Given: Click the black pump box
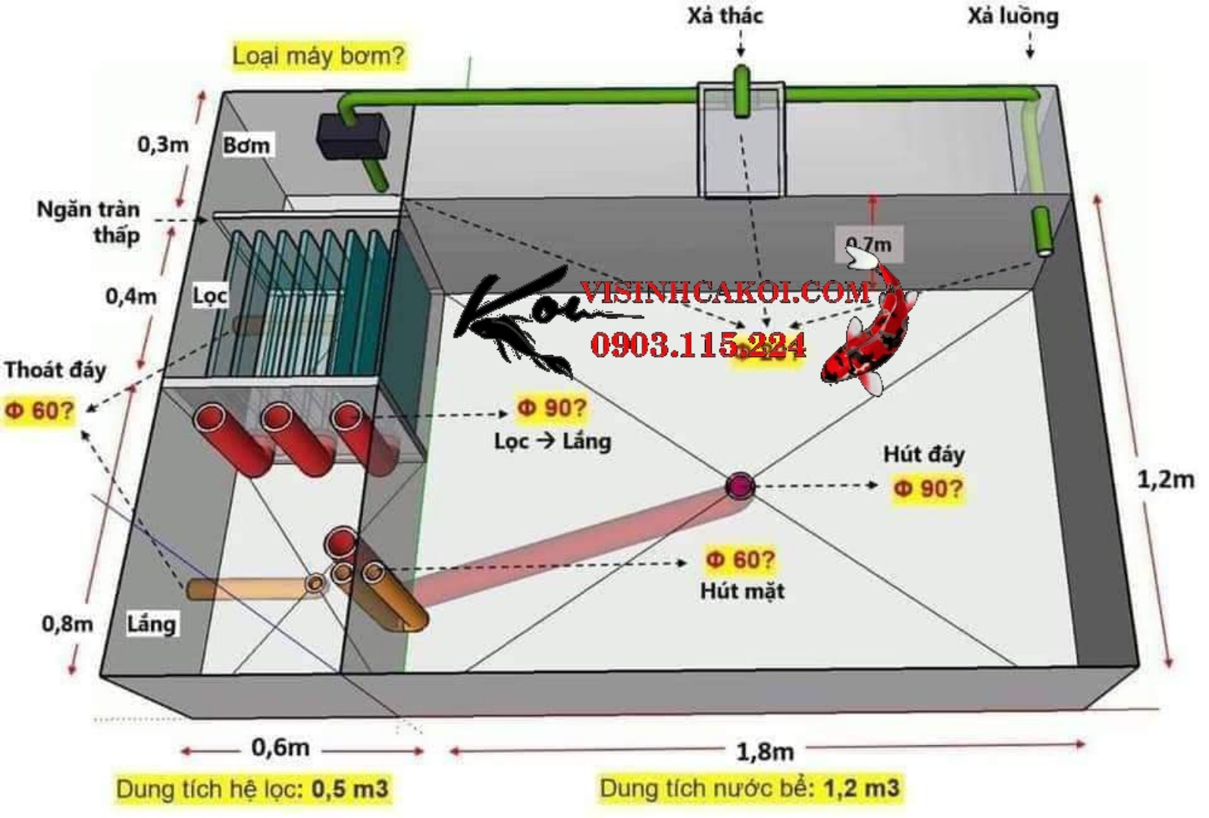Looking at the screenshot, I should [350, 136].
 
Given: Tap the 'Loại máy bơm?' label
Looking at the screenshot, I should [318, 55].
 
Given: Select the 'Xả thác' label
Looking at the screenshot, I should [725, 15].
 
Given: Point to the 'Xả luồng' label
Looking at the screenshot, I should [1013, 16].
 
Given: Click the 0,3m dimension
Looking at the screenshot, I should [163, 144].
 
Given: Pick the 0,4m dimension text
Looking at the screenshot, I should [131, 296].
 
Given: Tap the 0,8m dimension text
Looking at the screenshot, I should [67, 624].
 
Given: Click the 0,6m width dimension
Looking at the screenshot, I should [280, 748].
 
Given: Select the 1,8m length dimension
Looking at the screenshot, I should [765, 751].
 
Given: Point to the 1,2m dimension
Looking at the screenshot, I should [1165, 479].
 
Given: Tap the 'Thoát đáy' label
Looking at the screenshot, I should [55, 370].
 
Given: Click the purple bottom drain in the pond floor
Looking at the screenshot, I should [739, 485].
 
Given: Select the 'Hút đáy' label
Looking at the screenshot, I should [923, 454].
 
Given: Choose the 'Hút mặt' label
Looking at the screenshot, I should [742, 591].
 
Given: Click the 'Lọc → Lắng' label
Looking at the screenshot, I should [553, 441].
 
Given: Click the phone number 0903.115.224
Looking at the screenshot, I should [697, 345].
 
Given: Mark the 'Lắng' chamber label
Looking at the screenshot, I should [152, 624].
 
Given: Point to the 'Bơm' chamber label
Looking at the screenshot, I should [246, 145].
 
